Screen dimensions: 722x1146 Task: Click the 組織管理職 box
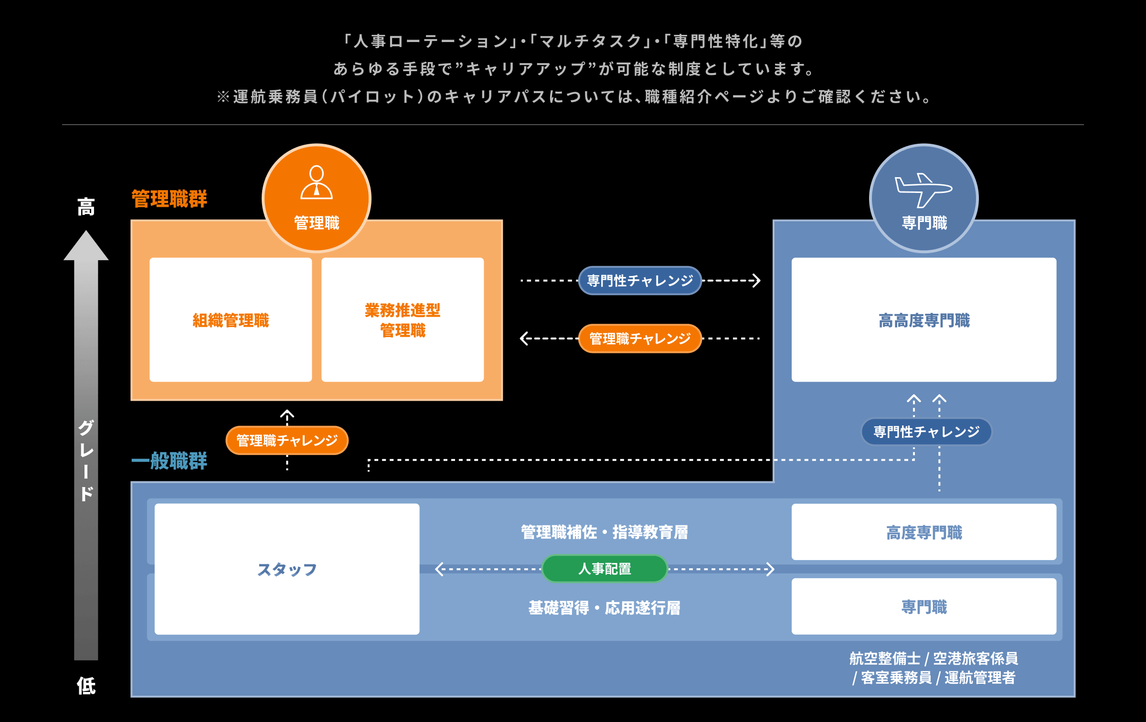[231, 320]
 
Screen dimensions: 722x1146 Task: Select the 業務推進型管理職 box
[403, 320]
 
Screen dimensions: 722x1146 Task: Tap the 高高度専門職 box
[923, 320]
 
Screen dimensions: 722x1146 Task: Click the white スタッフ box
[287, 569]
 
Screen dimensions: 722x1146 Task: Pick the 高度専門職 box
[923, 532]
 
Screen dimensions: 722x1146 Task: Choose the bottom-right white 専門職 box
[923, 606]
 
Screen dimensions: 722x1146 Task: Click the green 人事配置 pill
[605, 569]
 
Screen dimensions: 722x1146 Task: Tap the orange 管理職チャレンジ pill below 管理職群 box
[287, 440]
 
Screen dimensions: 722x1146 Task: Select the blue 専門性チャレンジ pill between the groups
[640, 281]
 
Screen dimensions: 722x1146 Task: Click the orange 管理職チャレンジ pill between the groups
[640, 339]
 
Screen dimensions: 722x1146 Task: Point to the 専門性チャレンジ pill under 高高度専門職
[926, 432]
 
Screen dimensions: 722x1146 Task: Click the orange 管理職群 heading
[169, 199]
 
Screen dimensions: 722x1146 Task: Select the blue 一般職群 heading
[169, 461]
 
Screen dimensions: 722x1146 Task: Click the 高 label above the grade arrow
[86, 207]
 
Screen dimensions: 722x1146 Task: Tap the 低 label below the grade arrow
[86, 686]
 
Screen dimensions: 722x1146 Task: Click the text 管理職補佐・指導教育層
[605, 532]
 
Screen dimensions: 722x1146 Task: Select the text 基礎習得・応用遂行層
[605, 608]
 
